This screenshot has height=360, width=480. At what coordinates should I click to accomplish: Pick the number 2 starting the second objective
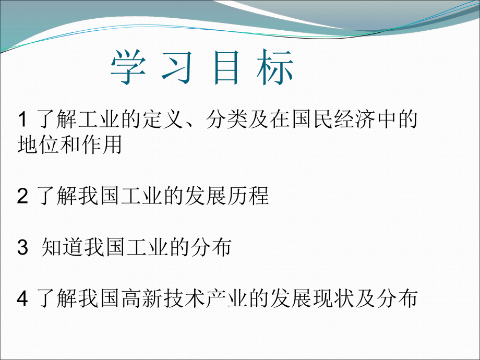click(x=22, y=197)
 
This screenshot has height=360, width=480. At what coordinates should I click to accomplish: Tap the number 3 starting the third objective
click(x=22, y=248)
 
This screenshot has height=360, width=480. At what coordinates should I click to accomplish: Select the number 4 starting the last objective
click(x=22, y=299)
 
